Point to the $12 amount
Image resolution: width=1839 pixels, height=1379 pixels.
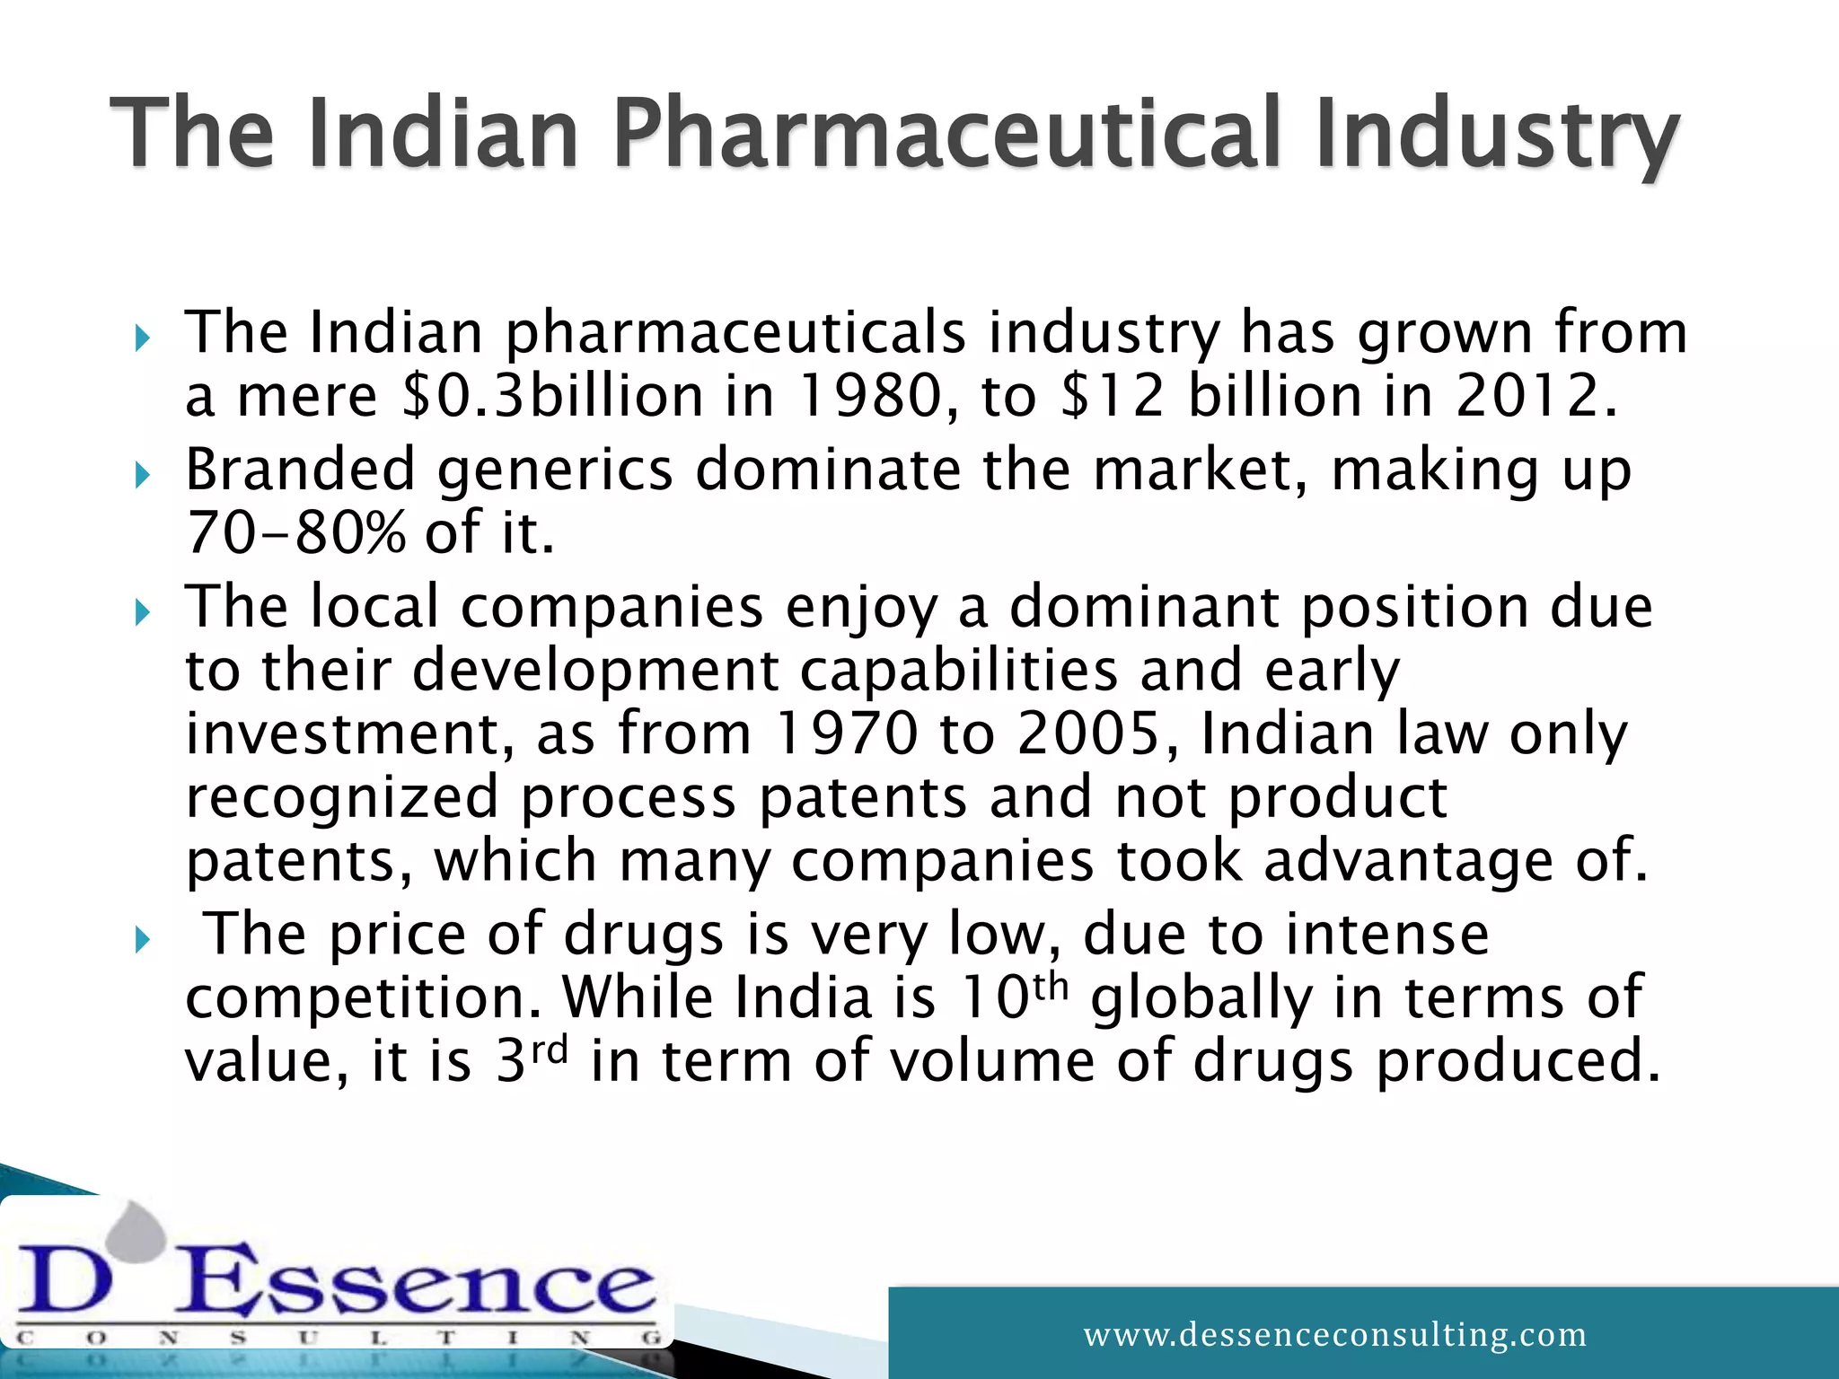(1112, 396)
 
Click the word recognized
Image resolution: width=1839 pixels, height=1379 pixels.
(341, 797)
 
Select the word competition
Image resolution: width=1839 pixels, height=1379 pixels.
(363, 997)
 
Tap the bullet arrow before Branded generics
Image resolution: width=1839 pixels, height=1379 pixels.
(142, 475)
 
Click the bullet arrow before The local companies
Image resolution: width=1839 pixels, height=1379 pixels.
(142, 613)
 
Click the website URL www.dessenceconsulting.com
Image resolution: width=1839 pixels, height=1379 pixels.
(1334, 1334)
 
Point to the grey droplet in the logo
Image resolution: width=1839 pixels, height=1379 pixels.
(141, 1229)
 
